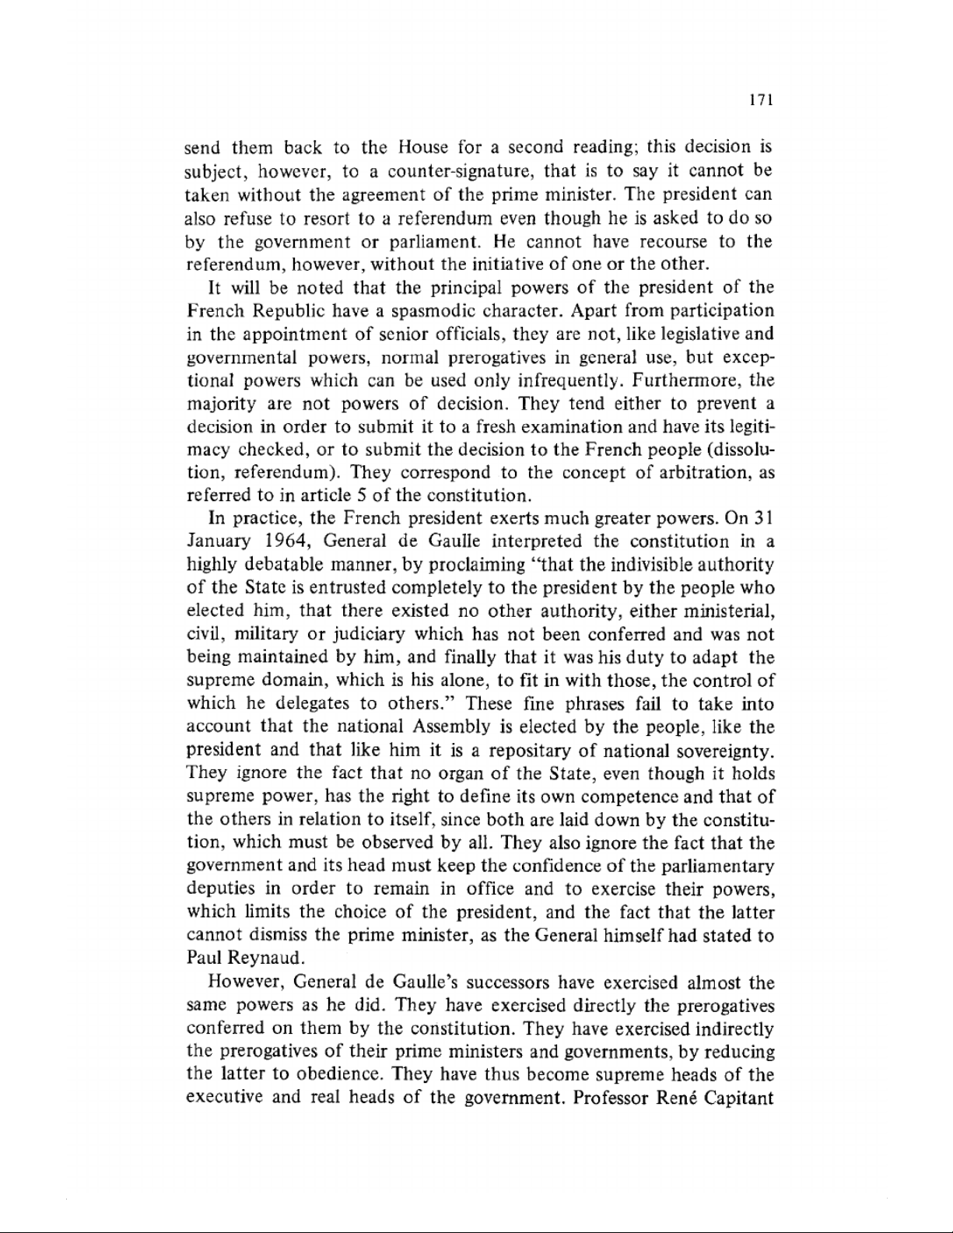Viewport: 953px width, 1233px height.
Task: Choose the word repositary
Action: coord(524,751)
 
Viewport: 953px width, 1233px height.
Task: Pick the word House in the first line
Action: coord(421,148)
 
